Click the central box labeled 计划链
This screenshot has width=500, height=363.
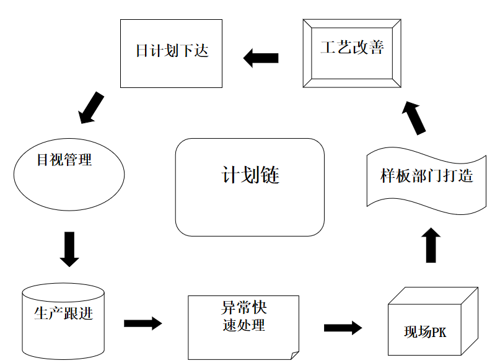coord(250,187)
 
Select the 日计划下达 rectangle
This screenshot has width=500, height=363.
coord(172,53)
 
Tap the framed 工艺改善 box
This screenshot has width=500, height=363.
coord(352,53)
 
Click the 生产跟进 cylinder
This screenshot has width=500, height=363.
coord(63,322)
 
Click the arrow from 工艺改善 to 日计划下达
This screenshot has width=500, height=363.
coord(261,59)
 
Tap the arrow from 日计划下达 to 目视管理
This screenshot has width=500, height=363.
coord(92,107)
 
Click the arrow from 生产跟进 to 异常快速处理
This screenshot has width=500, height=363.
coord(143,323)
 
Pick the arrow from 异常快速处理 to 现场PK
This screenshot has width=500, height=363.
coord(343,328)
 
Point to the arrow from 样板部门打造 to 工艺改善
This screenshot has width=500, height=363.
coord(414,117)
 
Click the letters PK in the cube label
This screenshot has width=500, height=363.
coord(437,333)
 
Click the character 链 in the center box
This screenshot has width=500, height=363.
coord(271,175)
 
